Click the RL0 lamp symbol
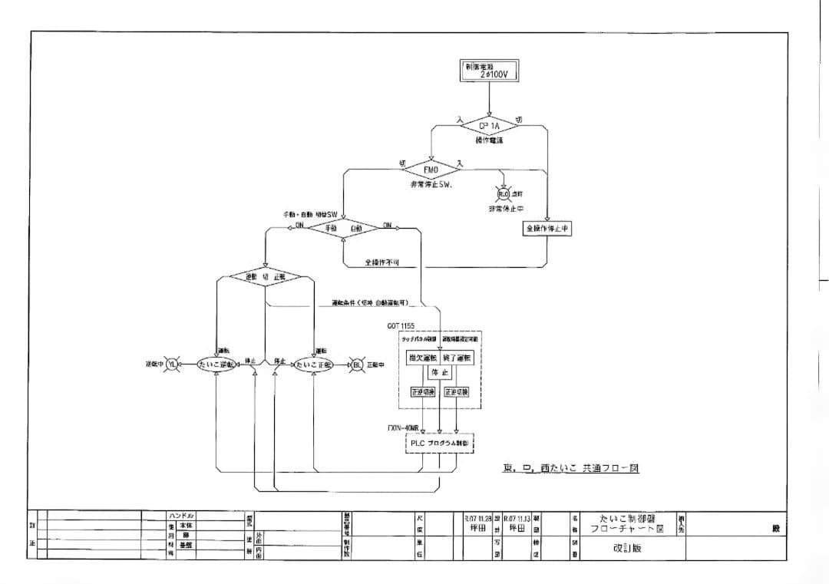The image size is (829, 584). [504, 195]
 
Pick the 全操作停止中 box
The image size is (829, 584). [547, 229]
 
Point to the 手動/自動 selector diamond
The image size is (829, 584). [344, 228]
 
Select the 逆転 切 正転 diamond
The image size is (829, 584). [266, 277]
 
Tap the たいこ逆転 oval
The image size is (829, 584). [218, 365]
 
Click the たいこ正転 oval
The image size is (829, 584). [314, 365]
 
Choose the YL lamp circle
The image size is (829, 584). [172, 365]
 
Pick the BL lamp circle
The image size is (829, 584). [357, 365]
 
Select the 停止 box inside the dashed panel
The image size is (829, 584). [439, 372]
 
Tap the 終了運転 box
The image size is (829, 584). [458, 358]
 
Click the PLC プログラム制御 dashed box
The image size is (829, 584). [439, 444]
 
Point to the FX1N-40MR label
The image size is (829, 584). [403, 427]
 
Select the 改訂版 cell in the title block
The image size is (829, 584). [626, 549]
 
